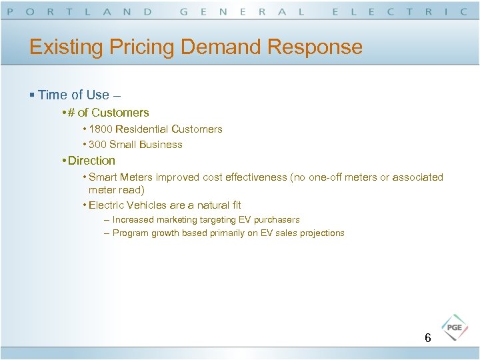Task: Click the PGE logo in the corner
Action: [455, 328]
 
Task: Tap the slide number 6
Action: [428, 339]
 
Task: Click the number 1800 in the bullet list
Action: [101, 129]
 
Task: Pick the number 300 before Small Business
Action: [97, 145]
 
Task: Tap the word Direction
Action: [91, 161]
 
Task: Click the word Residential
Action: [142, 129]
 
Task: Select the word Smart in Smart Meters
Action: [102, 177]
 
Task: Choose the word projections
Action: [322, 233]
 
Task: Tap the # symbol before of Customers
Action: [71, 113]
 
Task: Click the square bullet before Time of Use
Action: [32, 95]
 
